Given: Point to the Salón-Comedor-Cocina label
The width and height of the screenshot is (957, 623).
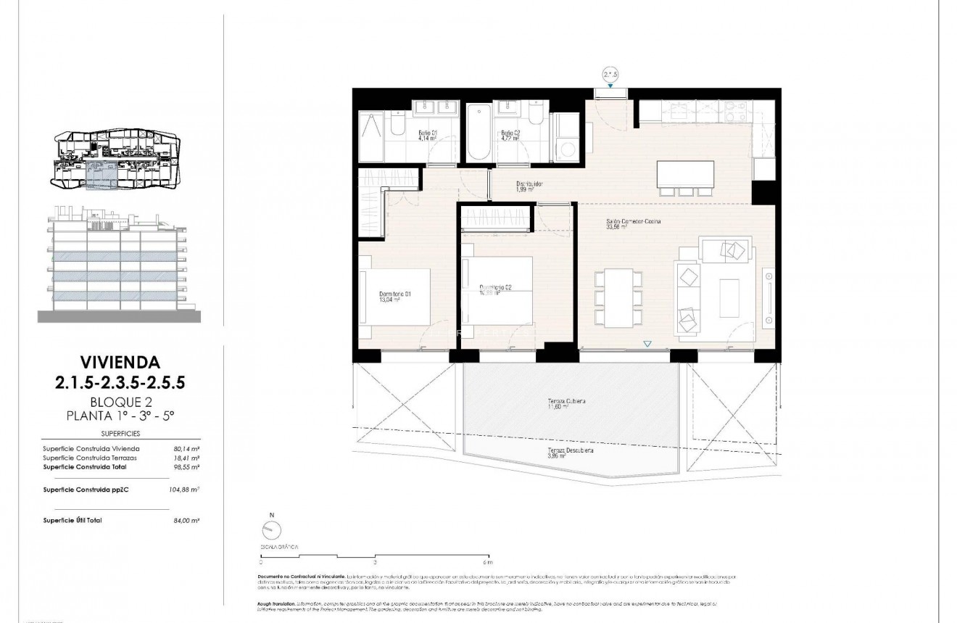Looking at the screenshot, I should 633,223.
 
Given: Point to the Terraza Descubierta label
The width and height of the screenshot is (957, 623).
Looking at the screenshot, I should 571,453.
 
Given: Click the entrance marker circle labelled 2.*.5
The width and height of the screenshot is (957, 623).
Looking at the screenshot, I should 610,74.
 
